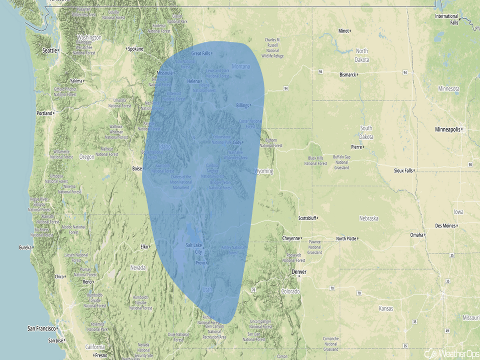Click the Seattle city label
[50, 50]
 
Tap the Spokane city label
[135, 49]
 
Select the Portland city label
[44, 113]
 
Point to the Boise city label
[136, 169]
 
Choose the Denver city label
[299, 272]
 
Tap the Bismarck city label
[347, 75]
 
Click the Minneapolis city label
[448, 130]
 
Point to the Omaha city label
[417, 235]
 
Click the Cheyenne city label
[291, 238]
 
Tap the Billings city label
[243, 106]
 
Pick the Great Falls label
[201, 53]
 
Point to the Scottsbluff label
[307, 218]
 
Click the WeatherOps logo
[445, 353]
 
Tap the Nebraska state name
[369, 218]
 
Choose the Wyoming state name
[264, 171]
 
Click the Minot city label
[343, 31]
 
